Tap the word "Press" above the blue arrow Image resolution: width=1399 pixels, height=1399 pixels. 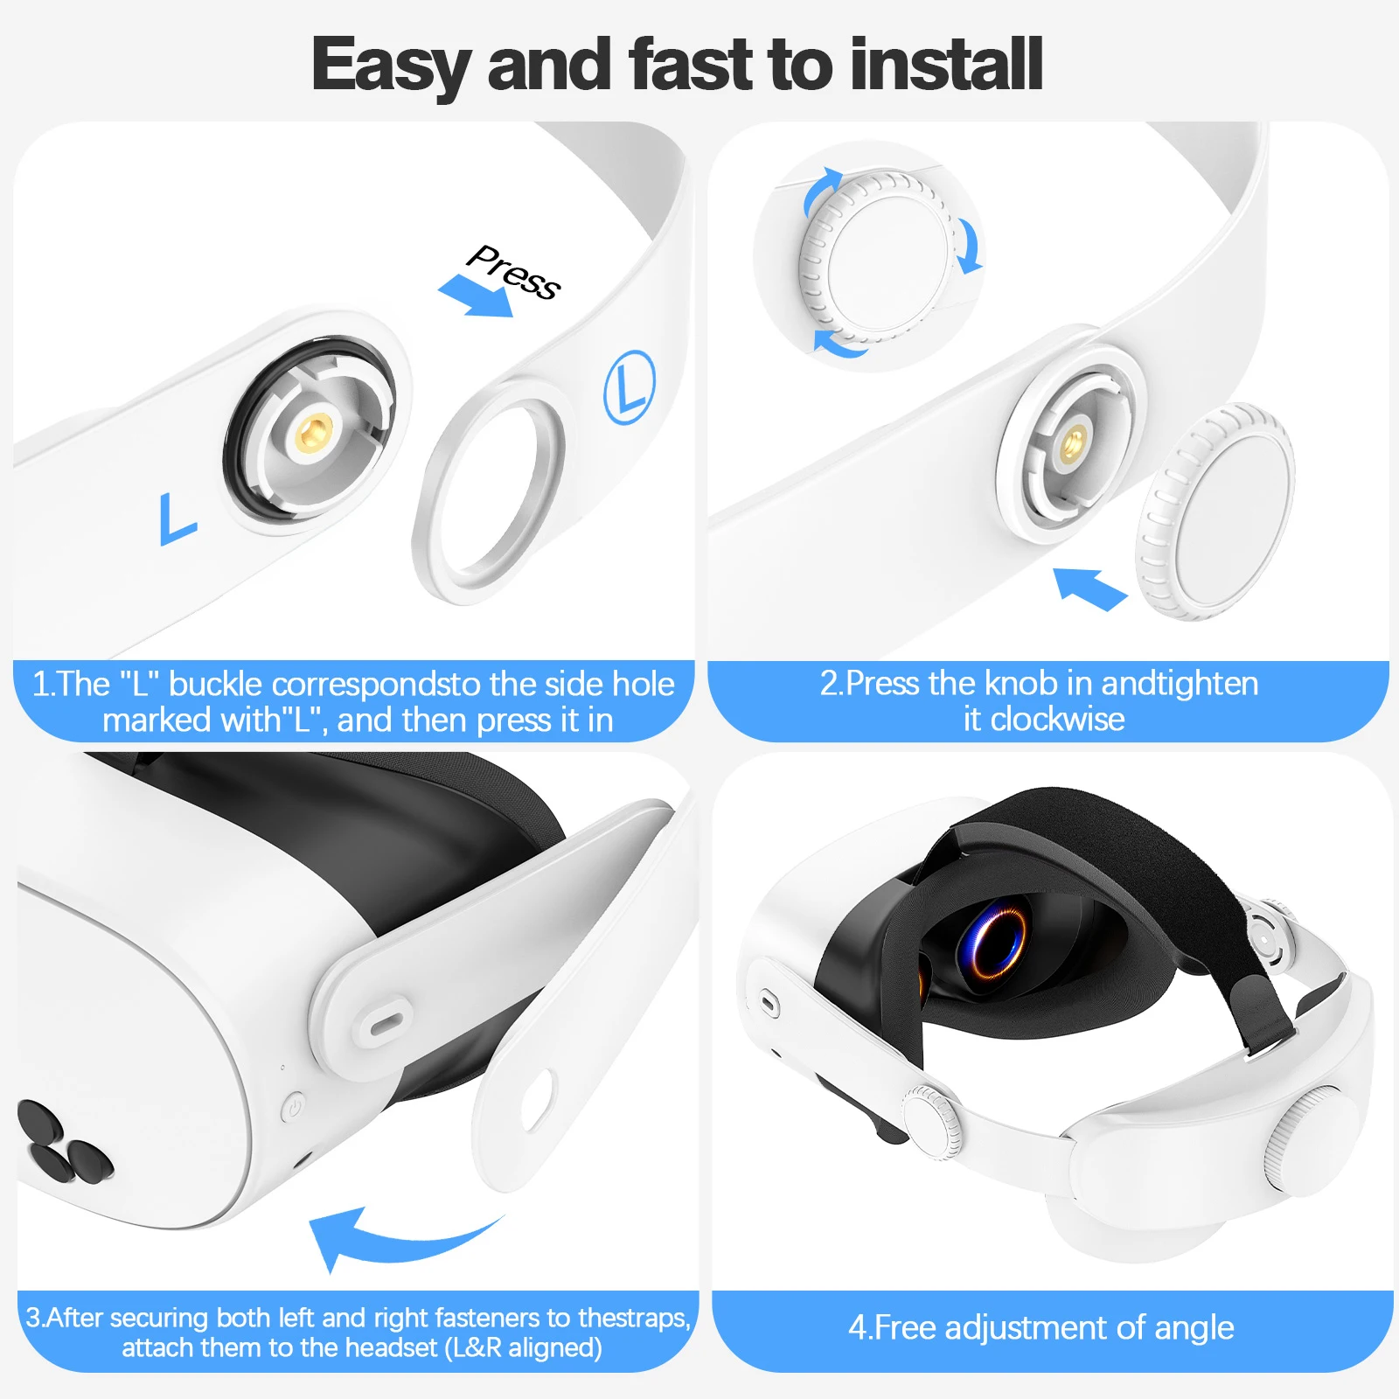tap(513, 270)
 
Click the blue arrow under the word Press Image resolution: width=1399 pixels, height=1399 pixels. tap(476, 296)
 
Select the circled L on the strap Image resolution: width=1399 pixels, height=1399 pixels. tap(630, 387)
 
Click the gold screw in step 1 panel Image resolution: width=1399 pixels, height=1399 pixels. tap(313, 431)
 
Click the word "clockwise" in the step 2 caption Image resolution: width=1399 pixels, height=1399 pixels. tap(1057, 720)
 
